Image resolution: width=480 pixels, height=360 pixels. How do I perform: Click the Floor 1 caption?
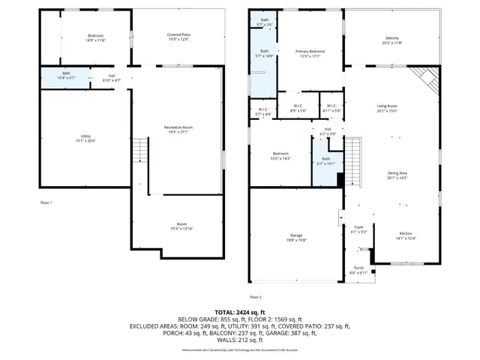pyautogui.click(x=46, y=202)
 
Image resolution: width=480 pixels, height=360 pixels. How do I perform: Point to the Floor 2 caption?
pyautogui.click(x=255, y=297)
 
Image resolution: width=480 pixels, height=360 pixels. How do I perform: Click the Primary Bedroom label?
pyautogui.click(x=309, y=52)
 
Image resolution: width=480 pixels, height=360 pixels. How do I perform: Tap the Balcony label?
pyautogui.click(x=391, y=40)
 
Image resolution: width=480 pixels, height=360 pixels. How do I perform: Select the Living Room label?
pyautogui.click(x=386, y=108)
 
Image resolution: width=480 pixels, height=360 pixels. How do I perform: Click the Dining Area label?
pyautogui.click(x=386, y=175)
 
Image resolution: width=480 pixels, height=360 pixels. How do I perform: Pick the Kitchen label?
pyautogui.click(x=405, y=235)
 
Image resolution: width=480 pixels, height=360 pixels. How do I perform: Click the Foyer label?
pyautogui.click(x=358, y=229)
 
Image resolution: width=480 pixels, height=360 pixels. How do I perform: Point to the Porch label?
pyautogui.click(x=358, y=270)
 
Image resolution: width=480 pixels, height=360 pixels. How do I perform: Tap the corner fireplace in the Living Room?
pyautogui.click(x=427, y=76)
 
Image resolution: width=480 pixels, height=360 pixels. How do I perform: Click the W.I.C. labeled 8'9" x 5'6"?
pyautogui.click(x=297, y=107)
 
